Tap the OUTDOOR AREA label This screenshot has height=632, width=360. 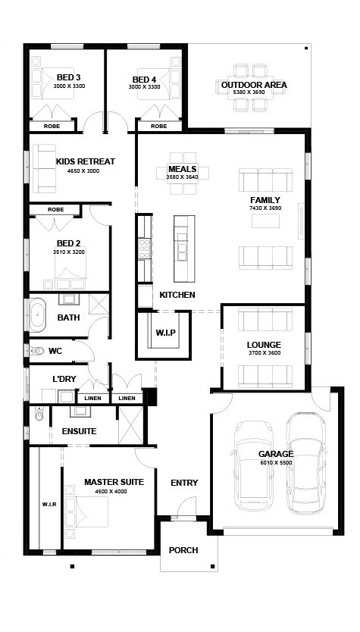coord(254,85)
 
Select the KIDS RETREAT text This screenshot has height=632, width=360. coord(86,161)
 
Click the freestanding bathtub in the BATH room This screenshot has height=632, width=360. coord(37,314)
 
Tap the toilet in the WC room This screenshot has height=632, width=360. coord(37,351)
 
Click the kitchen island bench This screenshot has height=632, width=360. coord(184,249)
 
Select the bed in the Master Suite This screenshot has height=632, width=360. coord(86,512)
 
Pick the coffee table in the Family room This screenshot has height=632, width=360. coord(265,221)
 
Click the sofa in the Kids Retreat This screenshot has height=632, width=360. coord(45,168)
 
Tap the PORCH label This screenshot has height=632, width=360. coord(183,550)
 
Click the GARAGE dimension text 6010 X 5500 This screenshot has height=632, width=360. coord(276,463)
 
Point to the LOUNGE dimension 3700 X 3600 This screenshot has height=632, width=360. coord(264,353)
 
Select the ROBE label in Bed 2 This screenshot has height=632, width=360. coord(55,210)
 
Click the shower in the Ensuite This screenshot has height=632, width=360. coord(131,425)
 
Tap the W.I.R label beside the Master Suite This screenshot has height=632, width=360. coord(49,504)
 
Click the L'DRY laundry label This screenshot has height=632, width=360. coord(64,379)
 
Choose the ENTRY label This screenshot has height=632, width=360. coord(184,483)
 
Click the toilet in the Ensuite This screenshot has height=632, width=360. coord(39,414)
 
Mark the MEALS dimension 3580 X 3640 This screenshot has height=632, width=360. coord(182,177)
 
